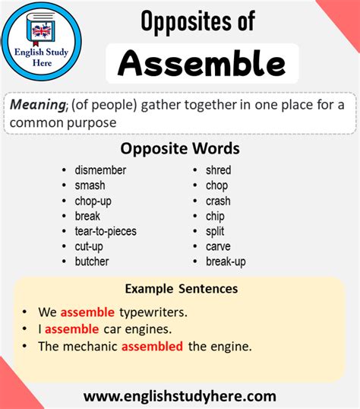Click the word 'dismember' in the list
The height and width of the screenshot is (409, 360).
click(x=100, y=170)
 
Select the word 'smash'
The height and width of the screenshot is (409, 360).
click(x=90, y=185)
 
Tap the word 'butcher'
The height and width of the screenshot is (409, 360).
click(x=92, y=262)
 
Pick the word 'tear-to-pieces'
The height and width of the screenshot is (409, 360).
click(x=106, y=231)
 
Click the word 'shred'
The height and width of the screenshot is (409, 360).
click(x=218, y=170)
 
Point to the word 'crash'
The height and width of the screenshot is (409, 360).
click(x=218, y=201)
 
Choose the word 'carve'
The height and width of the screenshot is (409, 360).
click(x=218, y=246)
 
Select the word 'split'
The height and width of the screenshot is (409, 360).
click(x=216, y=231)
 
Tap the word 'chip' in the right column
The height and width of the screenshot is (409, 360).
click(x=216, y=216)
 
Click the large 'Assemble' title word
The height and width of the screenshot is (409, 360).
click(x=202, y=64)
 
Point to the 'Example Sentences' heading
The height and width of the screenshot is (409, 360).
click(x=182, y=289)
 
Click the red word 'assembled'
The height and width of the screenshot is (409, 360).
click(x=152, y=346)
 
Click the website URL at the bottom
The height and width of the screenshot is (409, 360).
click(x=180, y=396)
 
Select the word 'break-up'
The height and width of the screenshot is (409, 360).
click(x=226, y=262)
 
